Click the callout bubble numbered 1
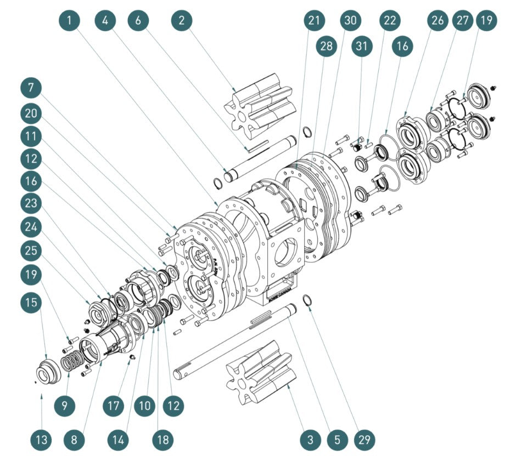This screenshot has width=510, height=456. click(72, 21)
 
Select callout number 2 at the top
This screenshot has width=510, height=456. click(182, 21)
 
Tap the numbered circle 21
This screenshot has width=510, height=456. click(314, 21)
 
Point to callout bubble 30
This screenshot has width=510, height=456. click(350, 21)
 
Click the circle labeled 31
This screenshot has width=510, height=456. click(361, 47)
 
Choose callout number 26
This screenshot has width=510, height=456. click(438, 21)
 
